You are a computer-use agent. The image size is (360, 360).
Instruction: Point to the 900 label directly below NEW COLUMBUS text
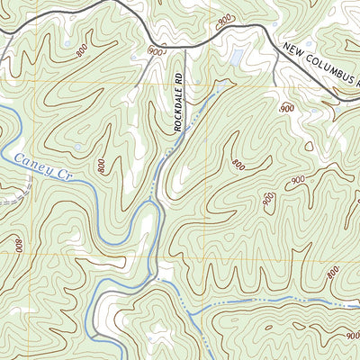tap(287, 107)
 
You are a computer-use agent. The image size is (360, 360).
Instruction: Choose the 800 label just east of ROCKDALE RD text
tap(238, 164)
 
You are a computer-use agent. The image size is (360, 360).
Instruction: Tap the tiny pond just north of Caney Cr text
tap(79, 147)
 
